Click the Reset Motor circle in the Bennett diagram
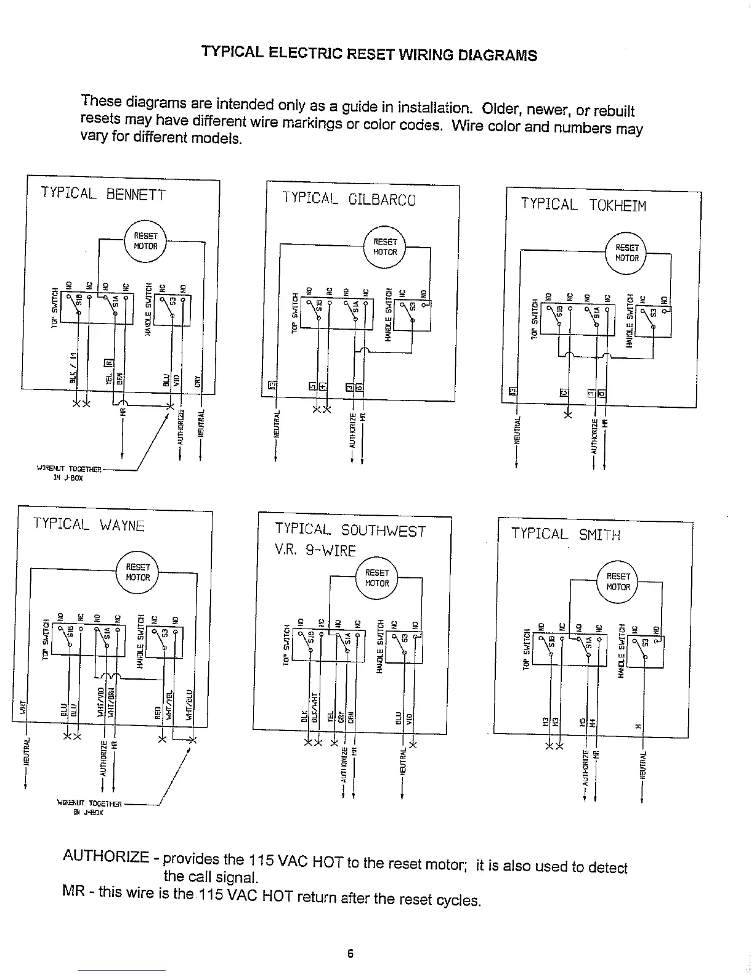pos(145,241)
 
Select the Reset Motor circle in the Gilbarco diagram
pos(385,247)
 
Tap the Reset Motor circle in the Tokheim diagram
pos(627,253)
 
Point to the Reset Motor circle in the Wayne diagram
pos(137,572)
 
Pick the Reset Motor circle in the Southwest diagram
pos(377,578)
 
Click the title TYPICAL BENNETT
pos(103,193)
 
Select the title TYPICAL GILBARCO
pos(349,198)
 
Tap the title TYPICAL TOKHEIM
pos(583,205)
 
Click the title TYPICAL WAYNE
pos(89,524)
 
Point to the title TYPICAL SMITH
pos(565,534)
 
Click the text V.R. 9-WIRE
pos(315,550)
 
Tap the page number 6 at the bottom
pos(350,954)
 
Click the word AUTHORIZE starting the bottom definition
pos(106,856)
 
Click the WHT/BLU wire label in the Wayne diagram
pos(190,703)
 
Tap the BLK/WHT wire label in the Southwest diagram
pos(314,706)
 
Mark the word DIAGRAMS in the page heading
pos(497,55)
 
